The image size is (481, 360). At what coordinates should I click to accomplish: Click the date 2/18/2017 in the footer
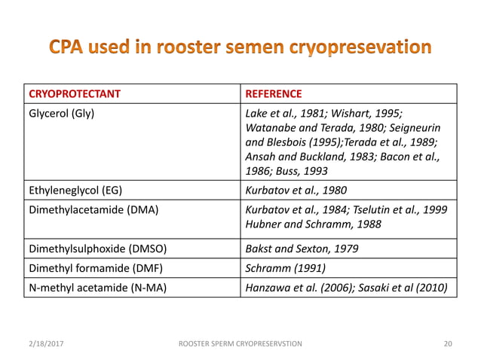(x=43, y=343)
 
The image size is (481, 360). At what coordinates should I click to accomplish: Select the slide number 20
(x=449, y=343)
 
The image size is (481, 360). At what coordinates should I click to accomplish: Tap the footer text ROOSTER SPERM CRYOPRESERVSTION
(x=239, y=343)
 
